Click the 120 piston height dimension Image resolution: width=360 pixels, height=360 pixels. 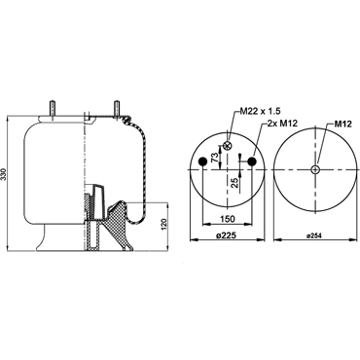[164, 225]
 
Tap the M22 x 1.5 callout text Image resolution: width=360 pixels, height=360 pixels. [260, 112]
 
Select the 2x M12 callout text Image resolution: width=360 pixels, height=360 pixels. [282, 123]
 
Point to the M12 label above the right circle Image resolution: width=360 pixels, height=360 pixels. [343, 124]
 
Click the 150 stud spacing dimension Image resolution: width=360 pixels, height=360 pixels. [228, 219]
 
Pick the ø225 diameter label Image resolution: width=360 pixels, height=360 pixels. [228, 235]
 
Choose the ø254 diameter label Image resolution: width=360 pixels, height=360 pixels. [313, 236]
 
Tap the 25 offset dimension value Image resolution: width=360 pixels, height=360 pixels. [235, 183]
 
